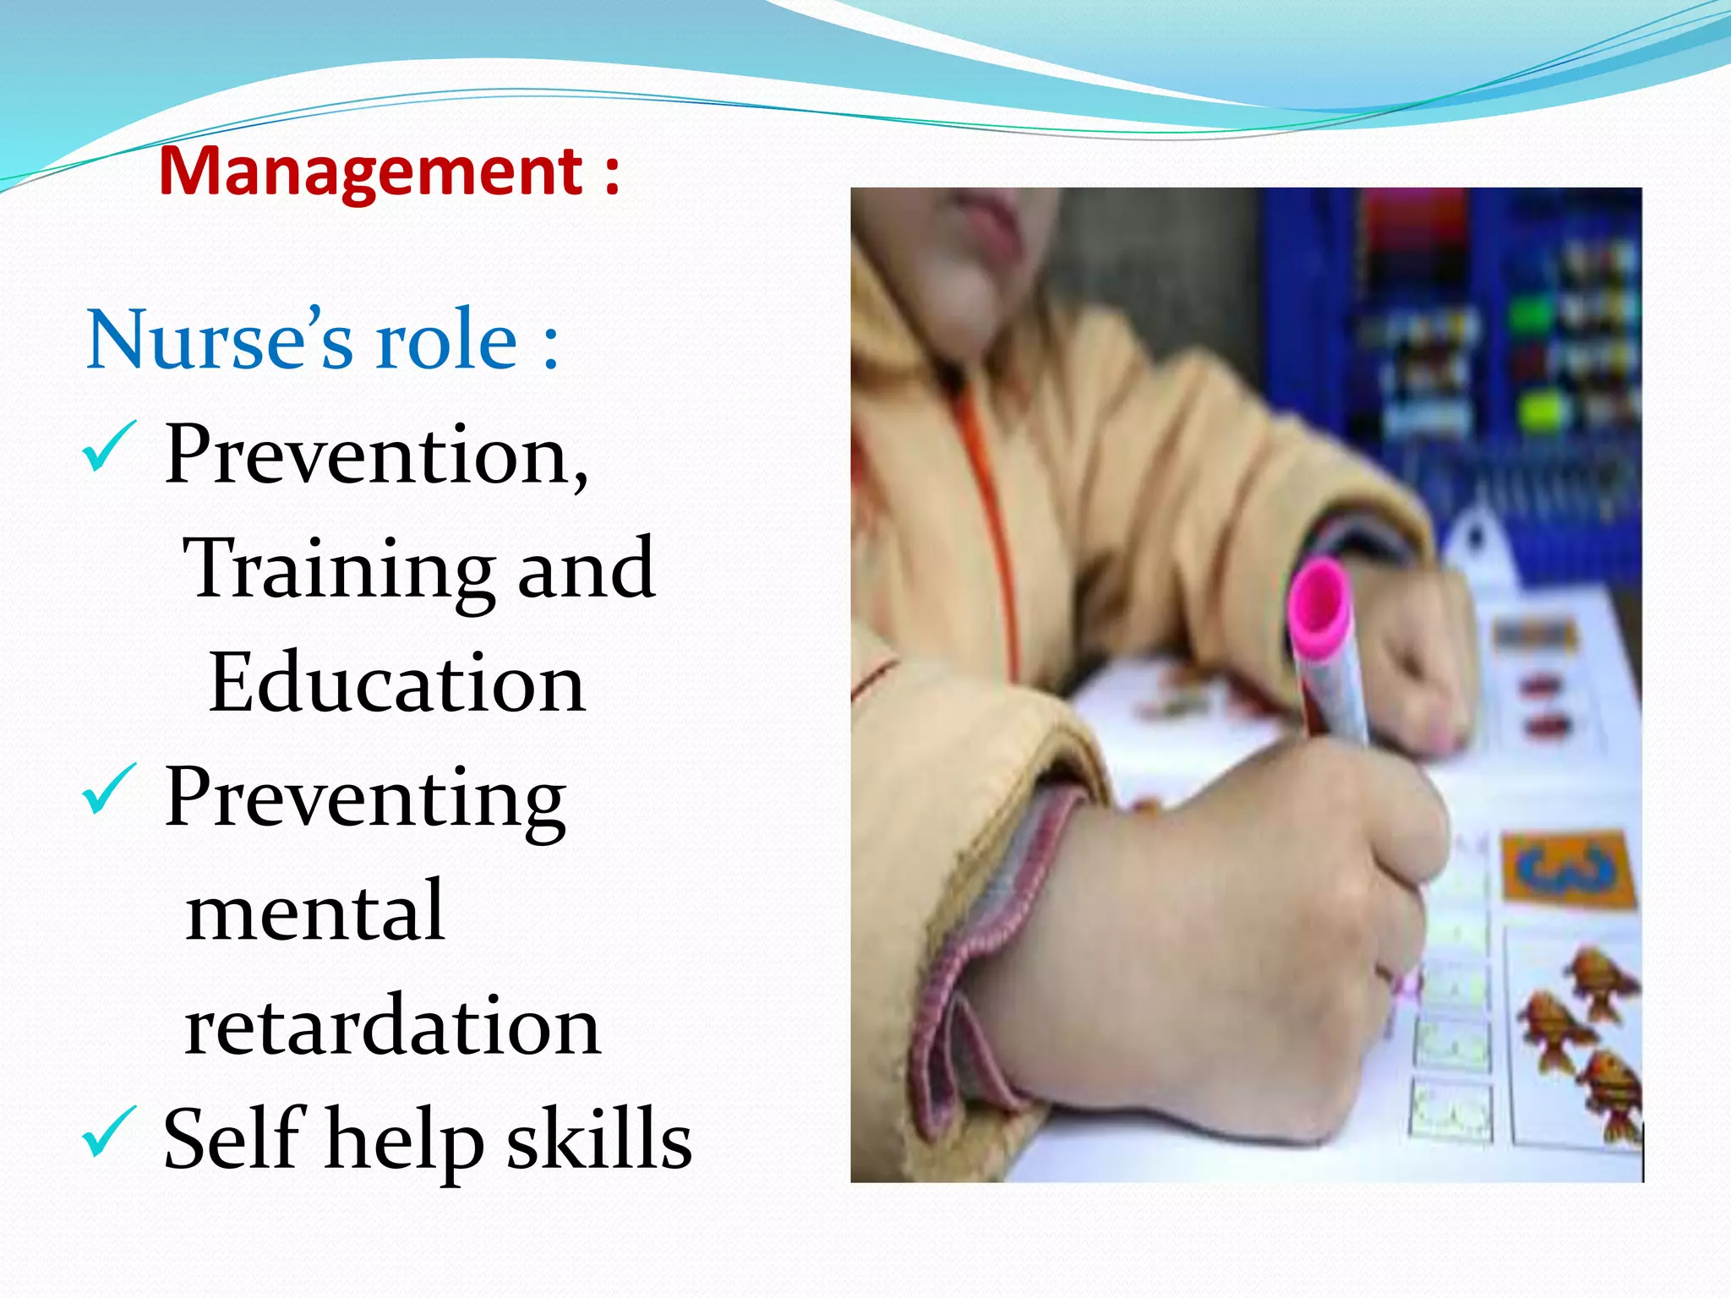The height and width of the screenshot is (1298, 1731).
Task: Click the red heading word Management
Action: [370, 172]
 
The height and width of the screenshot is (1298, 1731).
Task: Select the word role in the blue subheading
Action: [446, 340]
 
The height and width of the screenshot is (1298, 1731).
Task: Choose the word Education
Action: [396, 683]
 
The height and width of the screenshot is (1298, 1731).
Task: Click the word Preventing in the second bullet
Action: [365, 799]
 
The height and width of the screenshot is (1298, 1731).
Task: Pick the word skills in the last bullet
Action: [599, 1139]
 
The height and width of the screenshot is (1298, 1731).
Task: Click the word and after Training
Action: [586, 569]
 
